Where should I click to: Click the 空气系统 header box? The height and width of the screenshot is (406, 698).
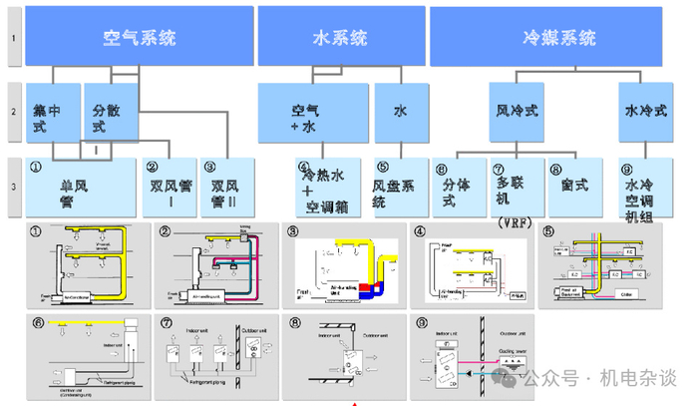140,38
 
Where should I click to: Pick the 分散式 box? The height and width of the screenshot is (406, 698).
107,118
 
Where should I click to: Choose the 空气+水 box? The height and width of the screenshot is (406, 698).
312,118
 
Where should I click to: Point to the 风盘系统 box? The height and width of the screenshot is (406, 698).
392,189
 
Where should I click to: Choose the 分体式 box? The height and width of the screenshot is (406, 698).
455,189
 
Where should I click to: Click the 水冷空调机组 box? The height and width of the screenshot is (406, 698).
641,189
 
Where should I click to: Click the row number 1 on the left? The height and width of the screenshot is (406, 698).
12,38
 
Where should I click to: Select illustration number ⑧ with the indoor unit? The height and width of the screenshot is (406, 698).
344,357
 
